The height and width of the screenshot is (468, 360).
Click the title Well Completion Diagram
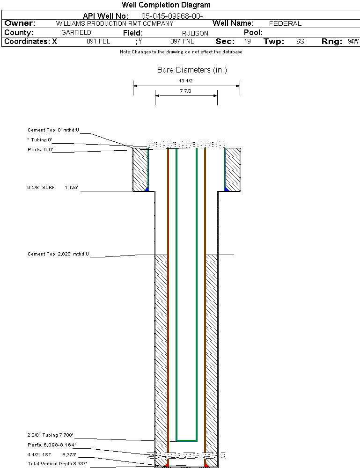(166, 5)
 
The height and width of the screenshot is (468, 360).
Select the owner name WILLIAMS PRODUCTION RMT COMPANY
(114, 23)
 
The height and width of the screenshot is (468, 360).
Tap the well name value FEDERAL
(285, 23)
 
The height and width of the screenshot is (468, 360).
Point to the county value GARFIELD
(76, 33)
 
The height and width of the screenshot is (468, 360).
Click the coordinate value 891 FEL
(98, 42)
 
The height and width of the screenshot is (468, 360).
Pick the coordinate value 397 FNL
(182, 42)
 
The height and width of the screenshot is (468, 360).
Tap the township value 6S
(300, 42)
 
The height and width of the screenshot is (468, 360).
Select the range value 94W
(353, 42)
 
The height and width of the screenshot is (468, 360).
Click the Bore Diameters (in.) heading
(192, 70)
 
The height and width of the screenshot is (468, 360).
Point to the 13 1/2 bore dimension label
(186, 81)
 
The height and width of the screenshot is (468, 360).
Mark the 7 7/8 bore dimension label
(186, 91)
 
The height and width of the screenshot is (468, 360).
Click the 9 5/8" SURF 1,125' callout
(52, 188)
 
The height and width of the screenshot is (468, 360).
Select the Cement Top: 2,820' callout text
(58, 254)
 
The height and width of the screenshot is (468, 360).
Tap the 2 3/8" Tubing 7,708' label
(51, 435)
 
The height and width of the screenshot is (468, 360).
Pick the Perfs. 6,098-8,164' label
(51, 445)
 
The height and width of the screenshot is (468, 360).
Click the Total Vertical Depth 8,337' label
(57, 464)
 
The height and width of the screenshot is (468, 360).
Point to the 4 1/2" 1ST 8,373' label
(51, 454)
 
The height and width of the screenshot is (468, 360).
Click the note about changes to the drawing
(181, 52)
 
